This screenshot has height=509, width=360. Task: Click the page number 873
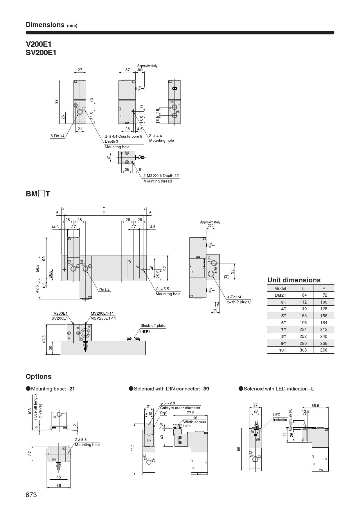click(31, 495)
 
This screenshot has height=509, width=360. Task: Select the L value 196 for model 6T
click(303, 322)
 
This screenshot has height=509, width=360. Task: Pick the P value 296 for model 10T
click(324, 350)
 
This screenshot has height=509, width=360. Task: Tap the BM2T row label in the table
click(280, 295)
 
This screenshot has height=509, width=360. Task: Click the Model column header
click(280, 288)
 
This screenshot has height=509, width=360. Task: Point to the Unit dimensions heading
click(294, 280)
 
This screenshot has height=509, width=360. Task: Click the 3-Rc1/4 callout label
click(57, 136)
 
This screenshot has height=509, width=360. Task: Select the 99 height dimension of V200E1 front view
click(56, 101)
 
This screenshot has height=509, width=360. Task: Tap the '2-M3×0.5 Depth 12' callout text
click(161, 175)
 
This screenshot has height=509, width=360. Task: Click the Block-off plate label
click(153, 325)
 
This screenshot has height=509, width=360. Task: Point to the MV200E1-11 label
click(102, 313)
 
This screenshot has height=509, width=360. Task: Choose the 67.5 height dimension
click(44, 339)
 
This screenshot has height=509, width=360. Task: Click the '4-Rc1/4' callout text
click(234, 297)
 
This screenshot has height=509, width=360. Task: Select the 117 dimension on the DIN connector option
click(132, 447)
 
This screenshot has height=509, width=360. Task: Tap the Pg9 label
click(164, 413)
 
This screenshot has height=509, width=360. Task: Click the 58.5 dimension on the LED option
click(315, 406)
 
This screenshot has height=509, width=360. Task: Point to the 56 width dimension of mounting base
click(59, 485)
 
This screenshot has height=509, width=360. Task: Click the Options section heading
click(38, 377)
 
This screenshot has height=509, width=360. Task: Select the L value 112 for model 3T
click(303, 302)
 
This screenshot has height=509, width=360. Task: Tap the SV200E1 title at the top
click(41, 53)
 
